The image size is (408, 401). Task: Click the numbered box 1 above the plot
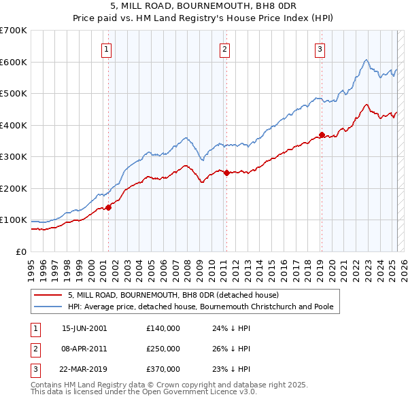(107, 48)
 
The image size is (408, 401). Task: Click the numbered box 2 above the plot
(224, 48)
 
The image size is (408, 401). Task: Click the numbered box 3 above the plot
(320, 48)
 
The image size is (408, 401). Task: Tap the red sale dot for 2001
(108, 207)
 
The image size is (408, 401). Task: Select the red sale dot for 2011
(226, 173)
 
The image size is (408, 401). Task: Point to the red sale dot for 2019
(322, 135)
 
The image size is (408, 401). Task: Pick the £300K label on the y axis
(14, 157)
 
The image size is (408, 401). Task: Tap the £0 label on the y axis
(20, 251)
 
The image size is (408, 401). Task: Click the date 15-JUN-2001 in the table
(84, 328)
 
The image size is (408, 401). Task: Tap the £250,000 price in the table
(163, 349)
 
